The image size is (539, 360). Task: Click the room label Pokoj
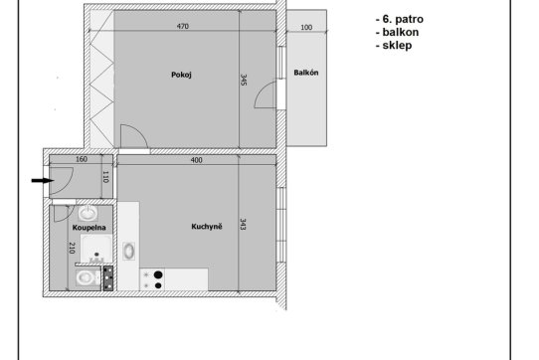pyautogui.click(x=181, y=75)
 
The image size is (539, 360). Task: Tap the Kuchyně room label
pyautogui.click(x=207, y=227)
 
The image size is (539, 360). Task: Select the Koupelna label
pyautogui.click(x=90, y=228)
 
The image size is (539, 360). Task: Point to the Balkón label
pyautogui.click(x=306, y=73)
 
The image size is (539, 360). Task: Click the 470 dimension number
pyautogui.click(x=183, y=26)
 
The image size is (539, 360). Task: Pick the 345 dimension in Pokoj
pyautogui.click(x=244, y=80)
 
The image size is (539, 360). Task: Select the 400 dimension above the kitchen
pyautogui.click(x=196, y=160)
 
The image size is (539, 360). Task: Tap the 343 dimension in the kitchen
pyautogui.click(x=243, y=224)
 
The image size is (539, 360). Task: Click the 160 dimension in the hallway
pyautogui.click(x=82, y=159)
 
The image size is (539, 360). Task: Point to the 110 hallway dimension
pyautogui.click(x=105, y=177)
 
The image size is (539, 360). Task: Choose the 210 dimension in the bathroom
pyautogui.click(x=72, y=248)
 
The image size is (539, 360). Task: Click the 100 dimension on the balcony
pyautogui.click(x=306, y=28)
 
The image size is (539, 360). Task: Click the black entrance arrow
pyautogui.click(x=43, y=181)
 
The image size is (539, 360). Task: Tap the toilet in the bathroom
pyautogui.click(x=86, y=277)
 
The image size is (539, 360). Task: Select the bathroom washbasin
pyautogui.click(x=88, y=213)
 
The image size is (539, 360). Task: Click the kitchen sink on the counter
pyautogui.click(x=129, y=251)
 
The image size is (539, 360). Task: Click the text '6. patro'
pyautogui.click(x=403, y=19)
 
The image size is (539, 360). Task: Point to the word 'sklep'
pyautogui.click(x=397, y=46)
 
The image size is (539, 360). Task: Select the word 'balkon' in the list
pyautogui.click(x=401, y=33)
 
